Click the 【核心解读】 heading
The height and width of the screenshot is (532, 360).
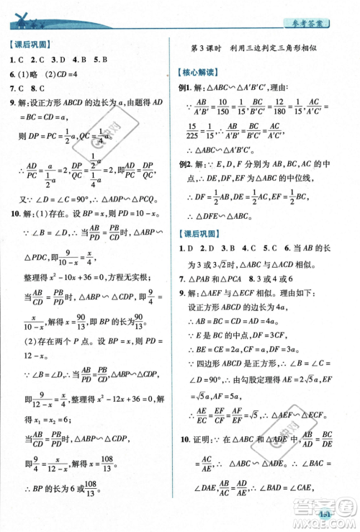click(x=202, y=73)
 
